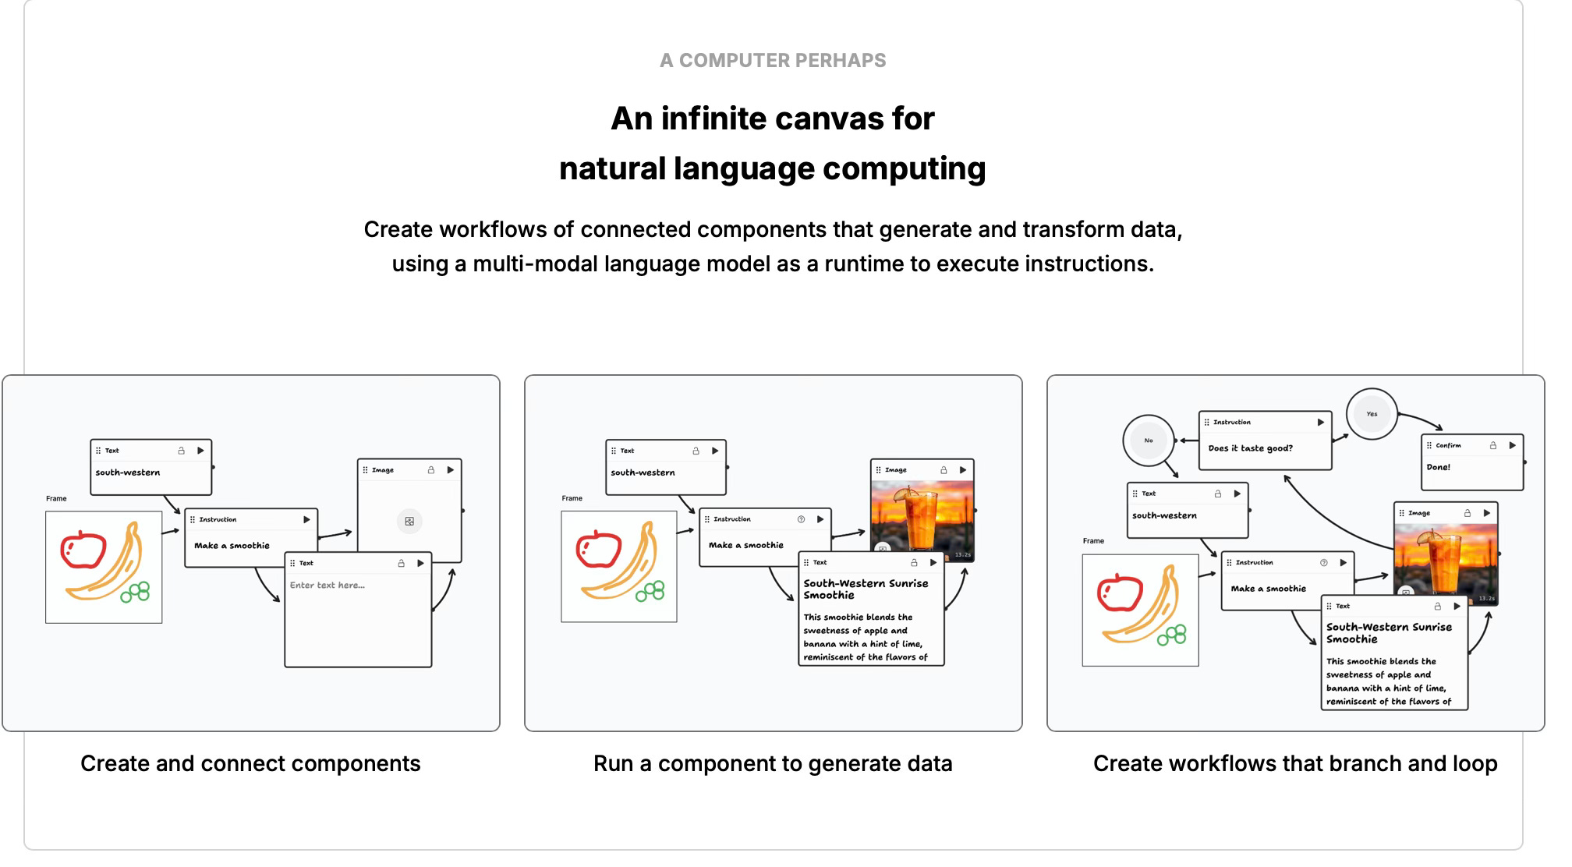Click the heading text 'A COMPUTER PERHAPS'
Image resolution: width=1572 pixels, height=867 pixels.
pyautogui.click(x=772, y=61)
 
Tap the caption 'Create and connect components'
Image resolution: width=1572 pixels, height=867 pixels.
pyautogui.click(x=250, y=763)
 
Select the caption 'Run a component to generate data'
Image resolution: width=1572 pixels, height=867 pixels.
pyautogui.click(x=773, y=763)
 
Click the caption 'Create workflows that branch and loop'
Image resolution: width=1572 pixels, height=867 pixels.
pyautogui.click(x=1295, y=763)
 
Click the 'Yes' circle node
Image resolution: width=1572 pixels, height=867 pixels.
pyautogui.click(x=1372, y=414)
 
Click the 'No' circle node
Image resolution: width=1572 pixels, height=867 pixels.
pyautogui.click(x=1149, y=441)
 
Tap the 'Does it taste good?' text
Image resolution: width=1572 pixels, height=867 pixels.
pyautogui.click(x=1250, y=448)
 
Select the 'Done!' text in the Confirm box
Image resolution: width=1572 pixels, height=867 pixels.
pyautogui.click(x=1438, y=467)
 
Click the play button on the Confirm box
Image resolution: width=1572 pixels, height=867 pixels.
pyautogui.click(x=1512, y=445)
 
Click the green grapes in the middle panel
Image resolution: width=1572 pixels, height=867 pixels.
pyautogui.click(x=650, y=591)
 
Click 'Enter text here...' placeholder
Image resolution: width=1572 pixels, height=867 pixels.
pyautogui.click(x=327, y=585)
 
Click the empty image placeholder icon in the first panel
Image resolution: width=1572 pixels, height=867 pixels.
pyautogui.click(x=409, y=521)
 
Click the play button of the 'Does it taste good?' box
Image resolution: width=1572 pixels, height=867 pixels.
pyautogui.click(x=1321, y=422)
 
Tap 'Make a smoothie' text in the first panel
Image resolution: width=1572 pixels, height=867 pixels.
pyautogui.click(x=232, y=546)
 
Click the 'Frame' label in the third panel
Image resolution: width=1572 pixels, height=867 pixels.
pyautogui.click(x=1093, y=541)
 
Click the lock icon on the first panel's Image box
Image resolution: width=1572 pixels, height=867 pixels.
pyautogui.click(x=430, y=470)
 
